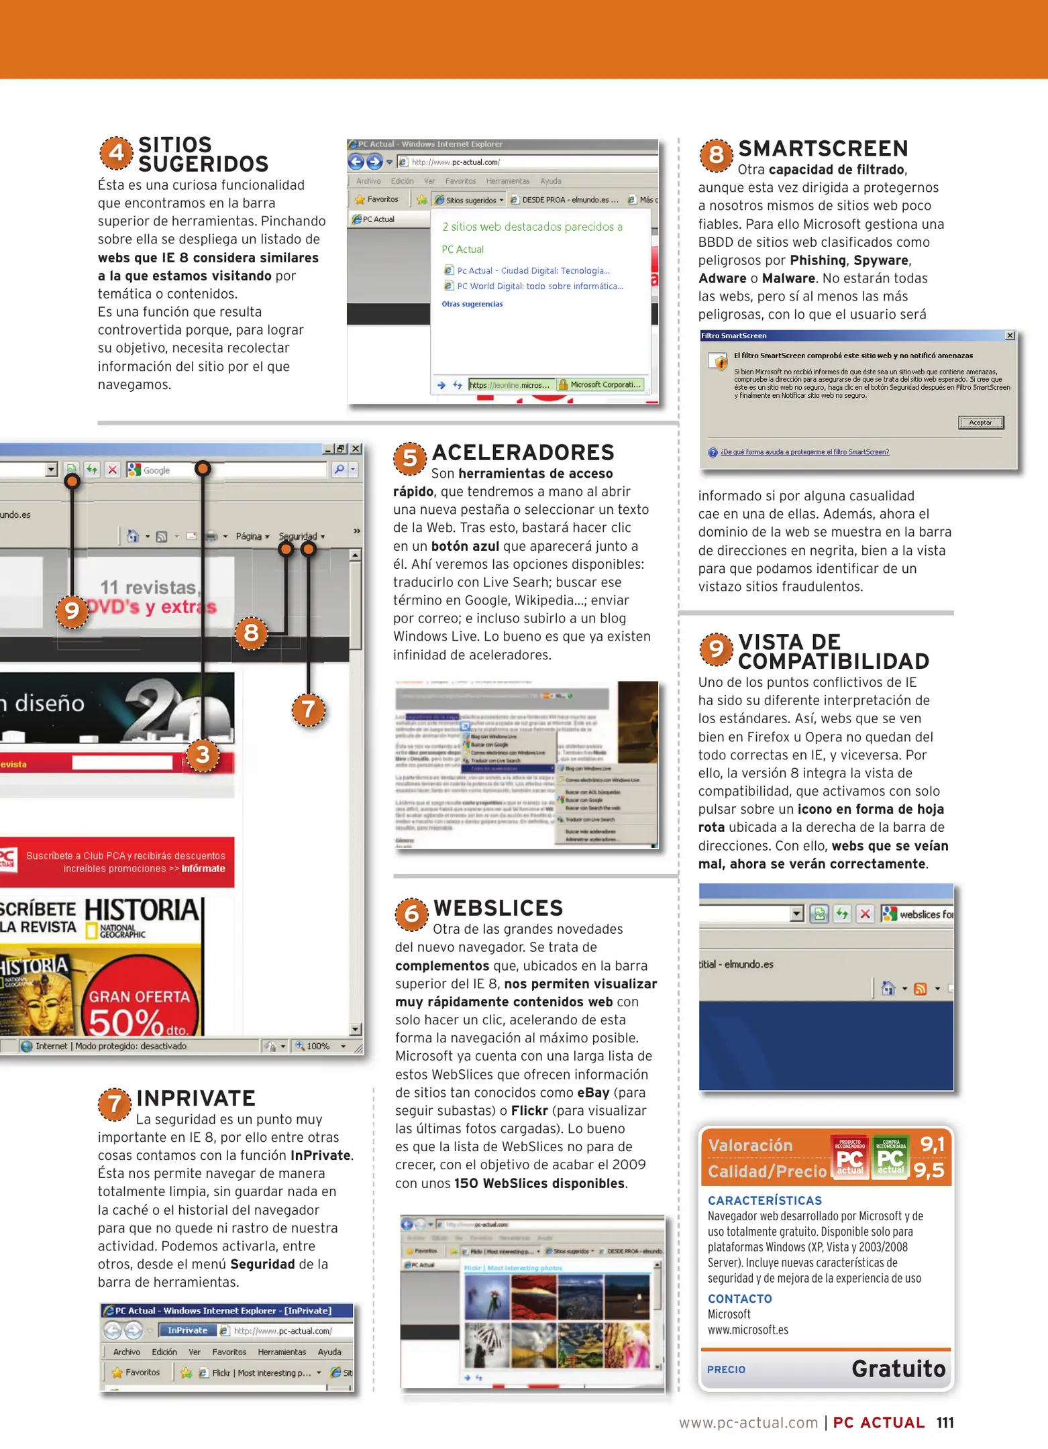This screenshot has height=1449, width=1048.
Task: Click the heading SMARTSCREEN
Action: click(x=823, y=148)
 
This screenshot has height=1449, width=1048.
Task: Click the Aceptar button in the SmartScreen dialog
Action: click(x=980, y=423)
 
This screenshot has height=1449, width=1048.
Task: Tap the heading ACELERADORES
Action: click(x=523, y=453)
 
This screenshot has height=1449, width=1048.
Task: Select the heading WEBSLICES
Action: click(x=498, y=908)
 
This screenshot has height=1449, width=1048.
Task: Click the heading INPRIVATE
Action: click(x=196, y=1098)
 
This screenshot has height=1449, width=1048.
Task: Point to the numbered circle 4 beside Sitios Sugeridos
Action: click(x=116, y=153)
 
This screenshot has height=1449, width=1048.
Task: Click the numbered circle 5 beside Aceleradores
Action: click(x=410, y=458)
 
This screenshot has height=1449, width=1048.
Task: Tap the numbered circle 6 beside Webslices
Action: click(x=411, y=914)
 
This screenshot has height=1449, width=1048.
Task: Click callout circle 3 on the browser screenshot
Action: click(x=203, y=755)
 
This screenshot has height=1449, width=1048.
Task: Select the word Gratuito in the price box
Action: click(x=898, y=1368)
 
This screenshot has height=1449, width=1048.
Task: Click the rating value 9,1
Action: click(x=932, y=1144)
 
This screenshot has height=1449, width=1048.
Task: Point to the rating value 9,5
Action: click(x=929, y=1171)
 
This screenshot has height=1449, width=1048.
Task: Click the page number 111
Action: click(x=945, y=1423)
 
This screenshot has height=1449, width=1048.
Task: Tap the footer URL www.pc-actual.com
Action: click(x=748, y=1423)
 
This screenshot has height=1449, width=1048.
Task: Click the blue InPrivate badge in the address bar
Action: click(x=187, y=1330)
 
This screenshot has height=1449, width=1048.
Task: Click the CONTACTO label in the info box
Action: click(x=739, y=1299)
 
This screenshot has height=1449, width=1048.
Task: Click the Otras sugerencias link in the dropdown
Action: click(x=472, y=305)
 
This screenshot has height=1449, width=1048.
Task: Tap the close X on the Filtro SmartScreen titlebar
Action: click(x=1010, y=335)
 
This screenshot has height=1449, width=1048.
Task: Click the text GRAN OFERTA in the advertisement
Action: click(x=140, y=997)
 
